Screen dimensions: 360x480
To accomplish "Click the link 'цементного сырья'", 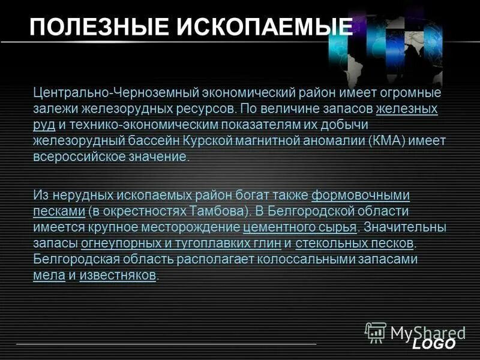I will click(300, 228).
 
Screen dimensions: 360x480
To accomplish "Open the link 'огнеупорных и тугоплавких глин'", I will click(179, 244).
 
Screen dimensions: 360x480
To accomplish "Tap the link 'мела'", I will click(49, 275).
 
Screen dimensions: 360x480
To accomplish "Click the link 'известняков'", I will click(118, 275).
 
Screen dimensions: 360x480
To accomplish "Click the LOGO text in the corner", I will click(434, 344).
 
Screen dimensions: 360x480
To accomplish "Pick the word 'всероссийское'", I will click(74, 157).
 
